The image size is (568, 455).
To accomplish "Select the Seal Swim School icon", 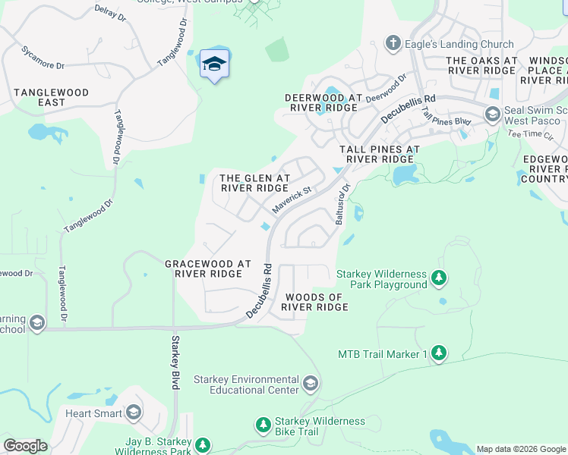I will coord(492,115).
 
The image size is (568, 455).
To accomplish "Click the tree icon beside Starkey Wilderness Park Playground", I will coord(439,278).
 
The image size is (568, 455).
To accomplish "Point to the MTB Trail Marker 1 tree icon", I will coord(439,353).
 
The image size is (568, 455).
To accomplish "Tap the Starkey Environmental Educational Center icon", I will coord(310,384).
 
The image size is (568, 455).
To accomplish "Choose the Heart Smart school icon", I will coord(134,413).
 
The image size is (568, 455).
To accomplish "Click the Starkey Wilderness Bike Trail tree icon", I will coord(263,425).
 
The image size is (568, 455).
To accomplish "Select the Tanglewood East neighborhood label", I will coord(51,97).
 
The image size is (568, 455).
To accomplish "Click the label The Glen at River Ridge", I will coord(254,183).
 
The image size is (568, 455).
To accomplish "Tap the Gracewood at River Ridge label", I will coord(208,268).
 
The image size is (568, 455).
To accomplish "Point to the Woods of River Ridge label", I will coord(314,302).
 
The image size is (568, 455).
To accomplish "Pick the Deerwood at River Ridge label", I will coord(323,103).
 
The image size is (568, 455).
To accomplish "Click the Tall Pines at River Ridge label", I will coord(380,155).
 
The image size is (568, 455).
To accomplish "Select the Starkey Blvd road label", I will coord(175,362).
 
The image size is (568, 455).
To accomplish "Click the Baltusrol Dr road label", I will coord(342,203).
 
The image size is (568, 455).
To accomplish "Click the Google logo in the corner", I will coord(25,446).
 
